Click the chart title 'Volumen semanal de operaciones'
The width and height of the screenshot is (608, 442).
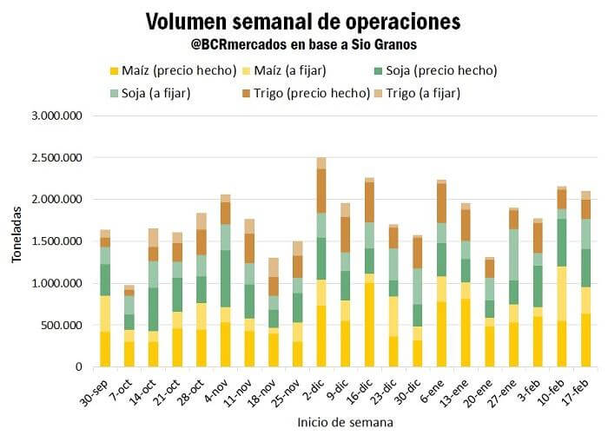click(303, 21)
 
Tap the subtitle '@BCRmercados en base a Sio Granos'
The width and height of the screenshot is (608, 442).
click(303, 43)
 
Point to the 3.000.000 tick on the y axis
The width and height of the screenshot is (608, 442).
click(56, 115)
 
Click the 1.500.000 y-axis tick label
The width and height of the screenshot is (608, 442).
click(56, 241)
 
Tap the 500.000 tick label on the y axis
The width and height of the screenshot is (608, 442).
click(61, 326)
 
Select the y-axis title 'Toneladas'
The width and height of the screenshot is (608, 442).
click(17, 241)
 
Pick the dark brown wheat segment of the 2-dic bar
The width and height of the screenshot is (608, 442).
click(321, 190)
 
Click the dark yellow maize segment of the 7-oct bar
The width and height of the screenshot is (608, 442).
click(129, 353)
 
